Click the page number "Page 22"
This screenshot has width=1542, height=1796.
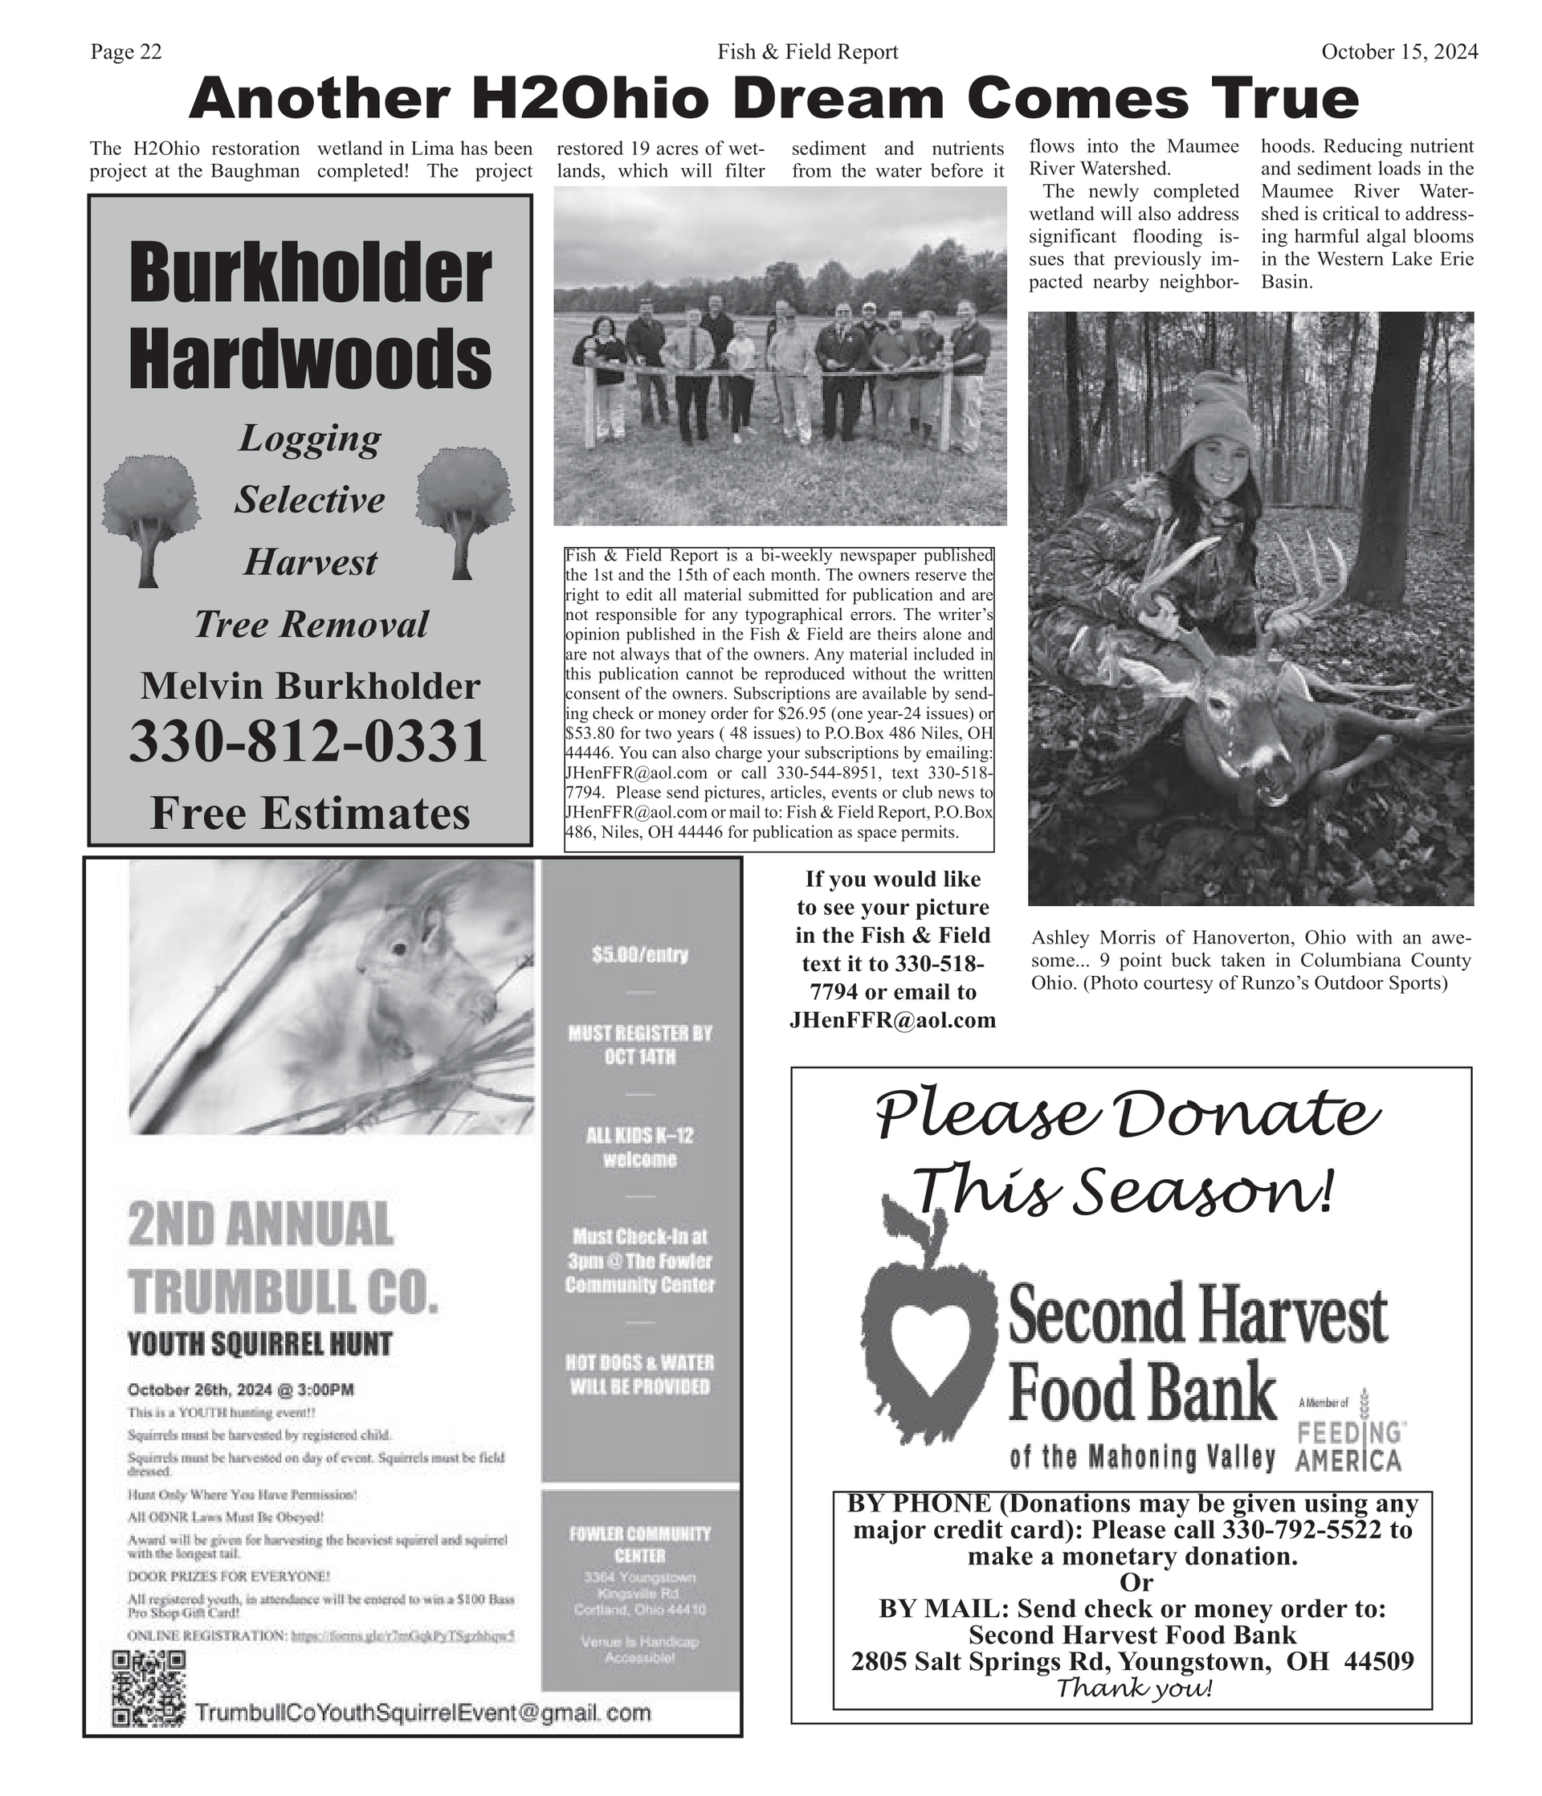[x=125, y=52]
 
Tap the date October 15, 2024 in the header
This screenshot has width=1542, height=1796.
[x=1399, y=52]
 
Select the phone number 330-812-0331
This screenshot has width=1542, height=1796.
[x=308, y=743]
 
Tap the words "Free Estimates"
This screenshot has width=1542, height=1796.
[x=309, y=813]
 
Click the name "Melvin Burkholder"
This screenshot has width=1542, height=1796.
[x=309, y=686]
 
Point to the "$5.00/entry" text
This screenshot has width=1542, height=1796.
[x=639, y=955]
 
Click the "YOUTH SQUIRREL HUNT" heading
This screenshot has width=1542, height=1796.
[x=259, y=1345]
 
